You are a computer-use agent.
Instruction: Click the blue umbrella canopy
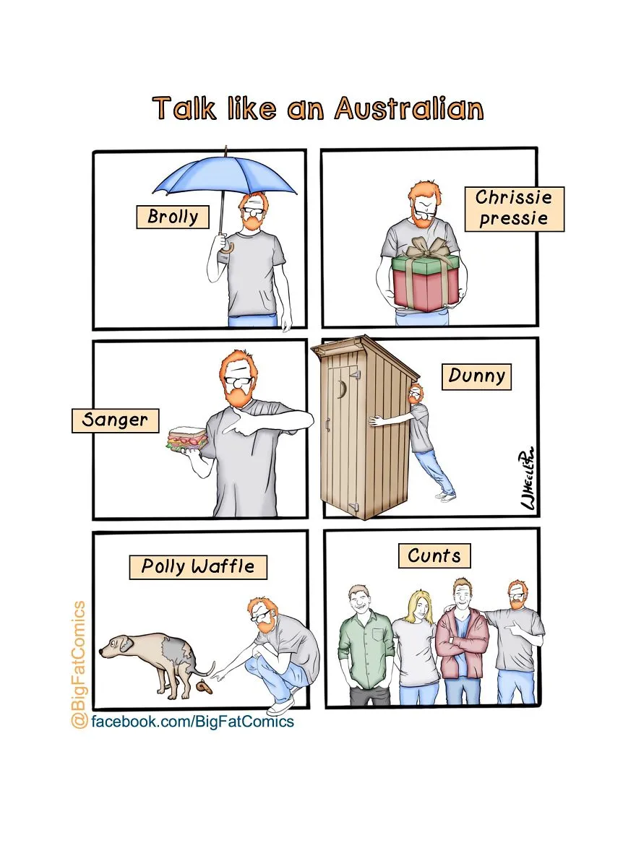coord(225,176)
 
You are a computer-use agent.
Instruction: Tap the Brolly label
coord(173,216)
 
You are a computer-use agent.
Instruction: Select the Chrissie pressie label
coord(514,209)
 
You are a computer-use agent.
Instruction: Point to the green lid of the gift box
coord(425,264)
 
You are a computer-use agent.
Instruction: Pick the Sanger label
coord(116,420)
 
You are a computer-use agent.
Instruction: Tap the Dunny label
coord(477,376)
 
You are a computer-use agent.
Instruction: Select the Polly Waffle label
coord(198,567)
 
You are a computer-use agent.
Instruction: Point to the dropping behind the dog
coord(205,687)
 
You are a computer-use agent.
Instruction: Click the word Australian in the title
coord(409,108)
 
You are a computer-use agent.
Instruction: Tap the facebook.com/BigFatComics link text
coord(192,722)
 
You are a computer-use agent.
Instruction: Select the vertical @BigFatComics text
coord(79,664)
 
